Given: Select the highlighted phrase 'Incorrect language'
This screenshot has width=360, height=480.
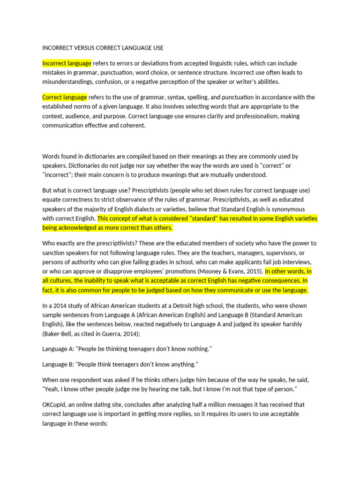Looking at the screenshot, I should pos(67,63).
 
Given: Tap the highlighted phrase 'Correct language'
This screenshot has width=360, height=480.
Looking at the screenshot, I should pos(64,97).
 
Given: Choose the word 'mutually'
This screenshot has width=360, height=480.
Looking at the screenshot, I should pos(224,175).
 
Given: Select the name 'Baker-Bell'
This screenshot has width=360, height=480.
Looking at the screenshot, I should pos(60,333).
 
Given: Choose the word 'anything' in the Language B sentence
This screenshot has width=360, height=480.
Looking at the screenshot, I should pos(182,364).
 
